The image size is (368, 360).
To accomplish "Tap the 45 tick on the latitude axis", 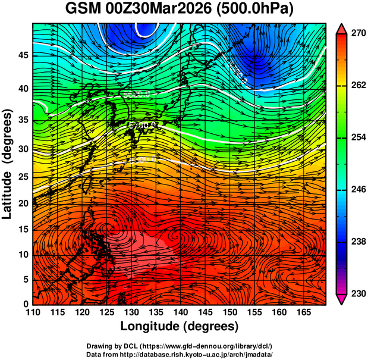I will [23, 55].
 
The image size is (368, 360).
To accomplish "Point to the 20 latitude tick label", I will [23, 204].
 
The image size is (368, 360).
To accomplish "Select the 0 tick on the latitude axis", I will [26, 304].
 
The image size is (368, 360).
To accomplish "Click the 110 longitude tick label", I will [33, 312].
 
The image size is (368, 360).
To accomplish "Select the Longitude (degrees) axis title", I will [180, 326].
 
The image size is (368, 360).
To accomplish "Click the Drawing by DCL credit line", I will [180, 346].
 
